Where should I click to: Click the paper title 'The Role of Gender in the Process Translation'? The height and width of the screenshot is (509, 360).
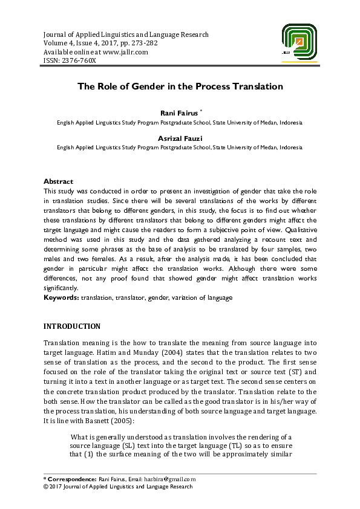click(180, 86)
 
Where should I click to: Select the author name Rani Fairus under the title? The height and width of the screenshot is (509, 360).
click(178, 113)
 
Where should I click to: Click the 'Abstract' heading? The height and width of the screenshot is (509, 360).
click(58, 181)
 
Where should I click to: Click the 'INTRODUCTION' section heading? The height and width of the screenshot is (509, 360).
click(72, 326)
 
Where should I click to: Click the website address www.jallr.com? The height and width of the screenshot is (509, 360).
click(126, 52)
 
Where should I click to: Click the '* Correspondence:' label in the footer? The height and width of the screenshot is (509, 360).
click(70, 479)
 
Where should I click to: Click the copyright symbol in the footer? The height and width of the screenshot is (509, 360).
click(46, 486)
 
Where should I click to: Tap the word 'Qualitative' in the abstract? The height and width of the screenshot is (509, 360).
click(296, 230)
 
